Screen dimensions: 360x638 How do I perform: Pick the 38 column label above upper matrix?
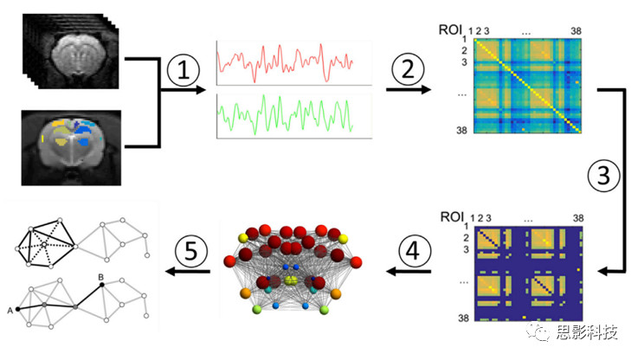[x=575, y=30]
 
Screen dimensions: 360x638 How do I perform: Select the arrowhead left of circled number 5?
[x=171, y=273]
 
